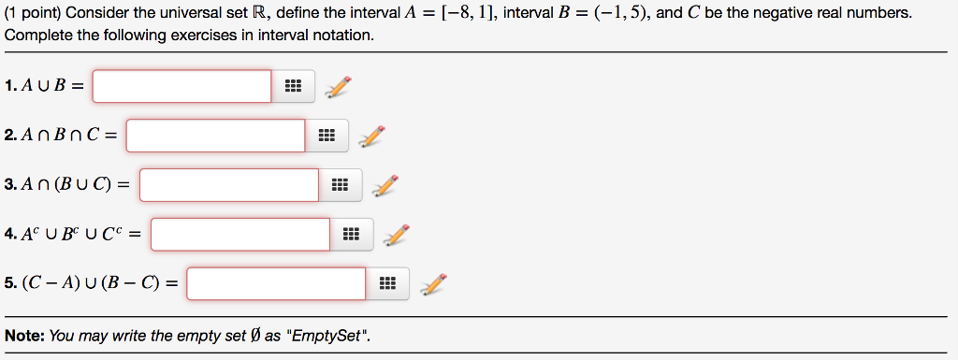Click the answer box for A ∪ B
[181, 86]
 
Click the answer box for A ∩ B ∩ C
[215, 136]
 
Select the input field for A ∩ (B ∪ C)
[229, 184]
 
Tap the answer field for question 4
[240, 234]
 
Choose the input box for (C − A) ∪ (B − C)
[276, 283]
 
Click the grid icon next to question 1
[292, 87]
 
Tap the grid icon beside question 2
[326, 136]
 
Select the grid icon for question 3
[340, 185]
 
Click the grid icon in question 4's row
[351, 234]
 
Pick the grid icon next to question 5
[386, 283]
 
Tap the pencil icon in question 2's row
[371, 136]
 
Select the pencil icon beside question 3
[385, 185]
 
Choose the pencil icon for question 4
[398, 234]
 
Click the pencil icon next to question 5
[433, 282]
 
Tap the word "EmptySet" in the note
[325, 336]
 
